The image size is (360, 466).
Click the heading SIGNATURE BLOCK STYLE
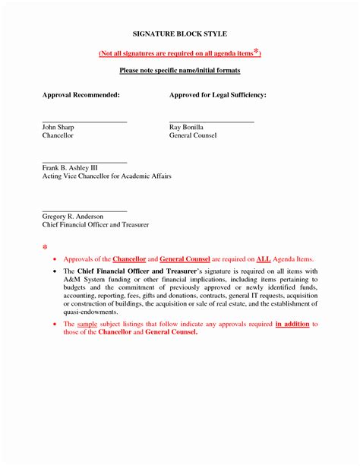[180, 35]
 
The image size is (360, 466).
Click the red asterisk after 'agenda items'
[257, 51]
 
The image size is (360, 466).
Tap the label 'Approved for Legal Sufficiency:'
[217, 95]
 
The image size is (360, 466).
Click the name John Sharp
[58, 127]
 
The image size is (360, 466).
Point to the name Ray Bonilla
[186, 127]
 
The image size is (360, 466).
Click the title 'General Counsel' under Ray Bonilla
[192, 135]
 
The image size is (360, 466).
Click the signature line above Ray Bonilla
[211, 122]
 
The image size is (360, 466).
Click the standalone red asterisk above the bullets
[45, 248]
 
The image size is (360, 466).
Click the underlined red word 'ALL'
[264, 259]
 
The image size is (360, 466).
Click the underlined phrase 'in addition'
[292, 325]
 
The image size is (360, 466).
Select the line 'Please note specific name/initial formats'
[180, 70]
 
